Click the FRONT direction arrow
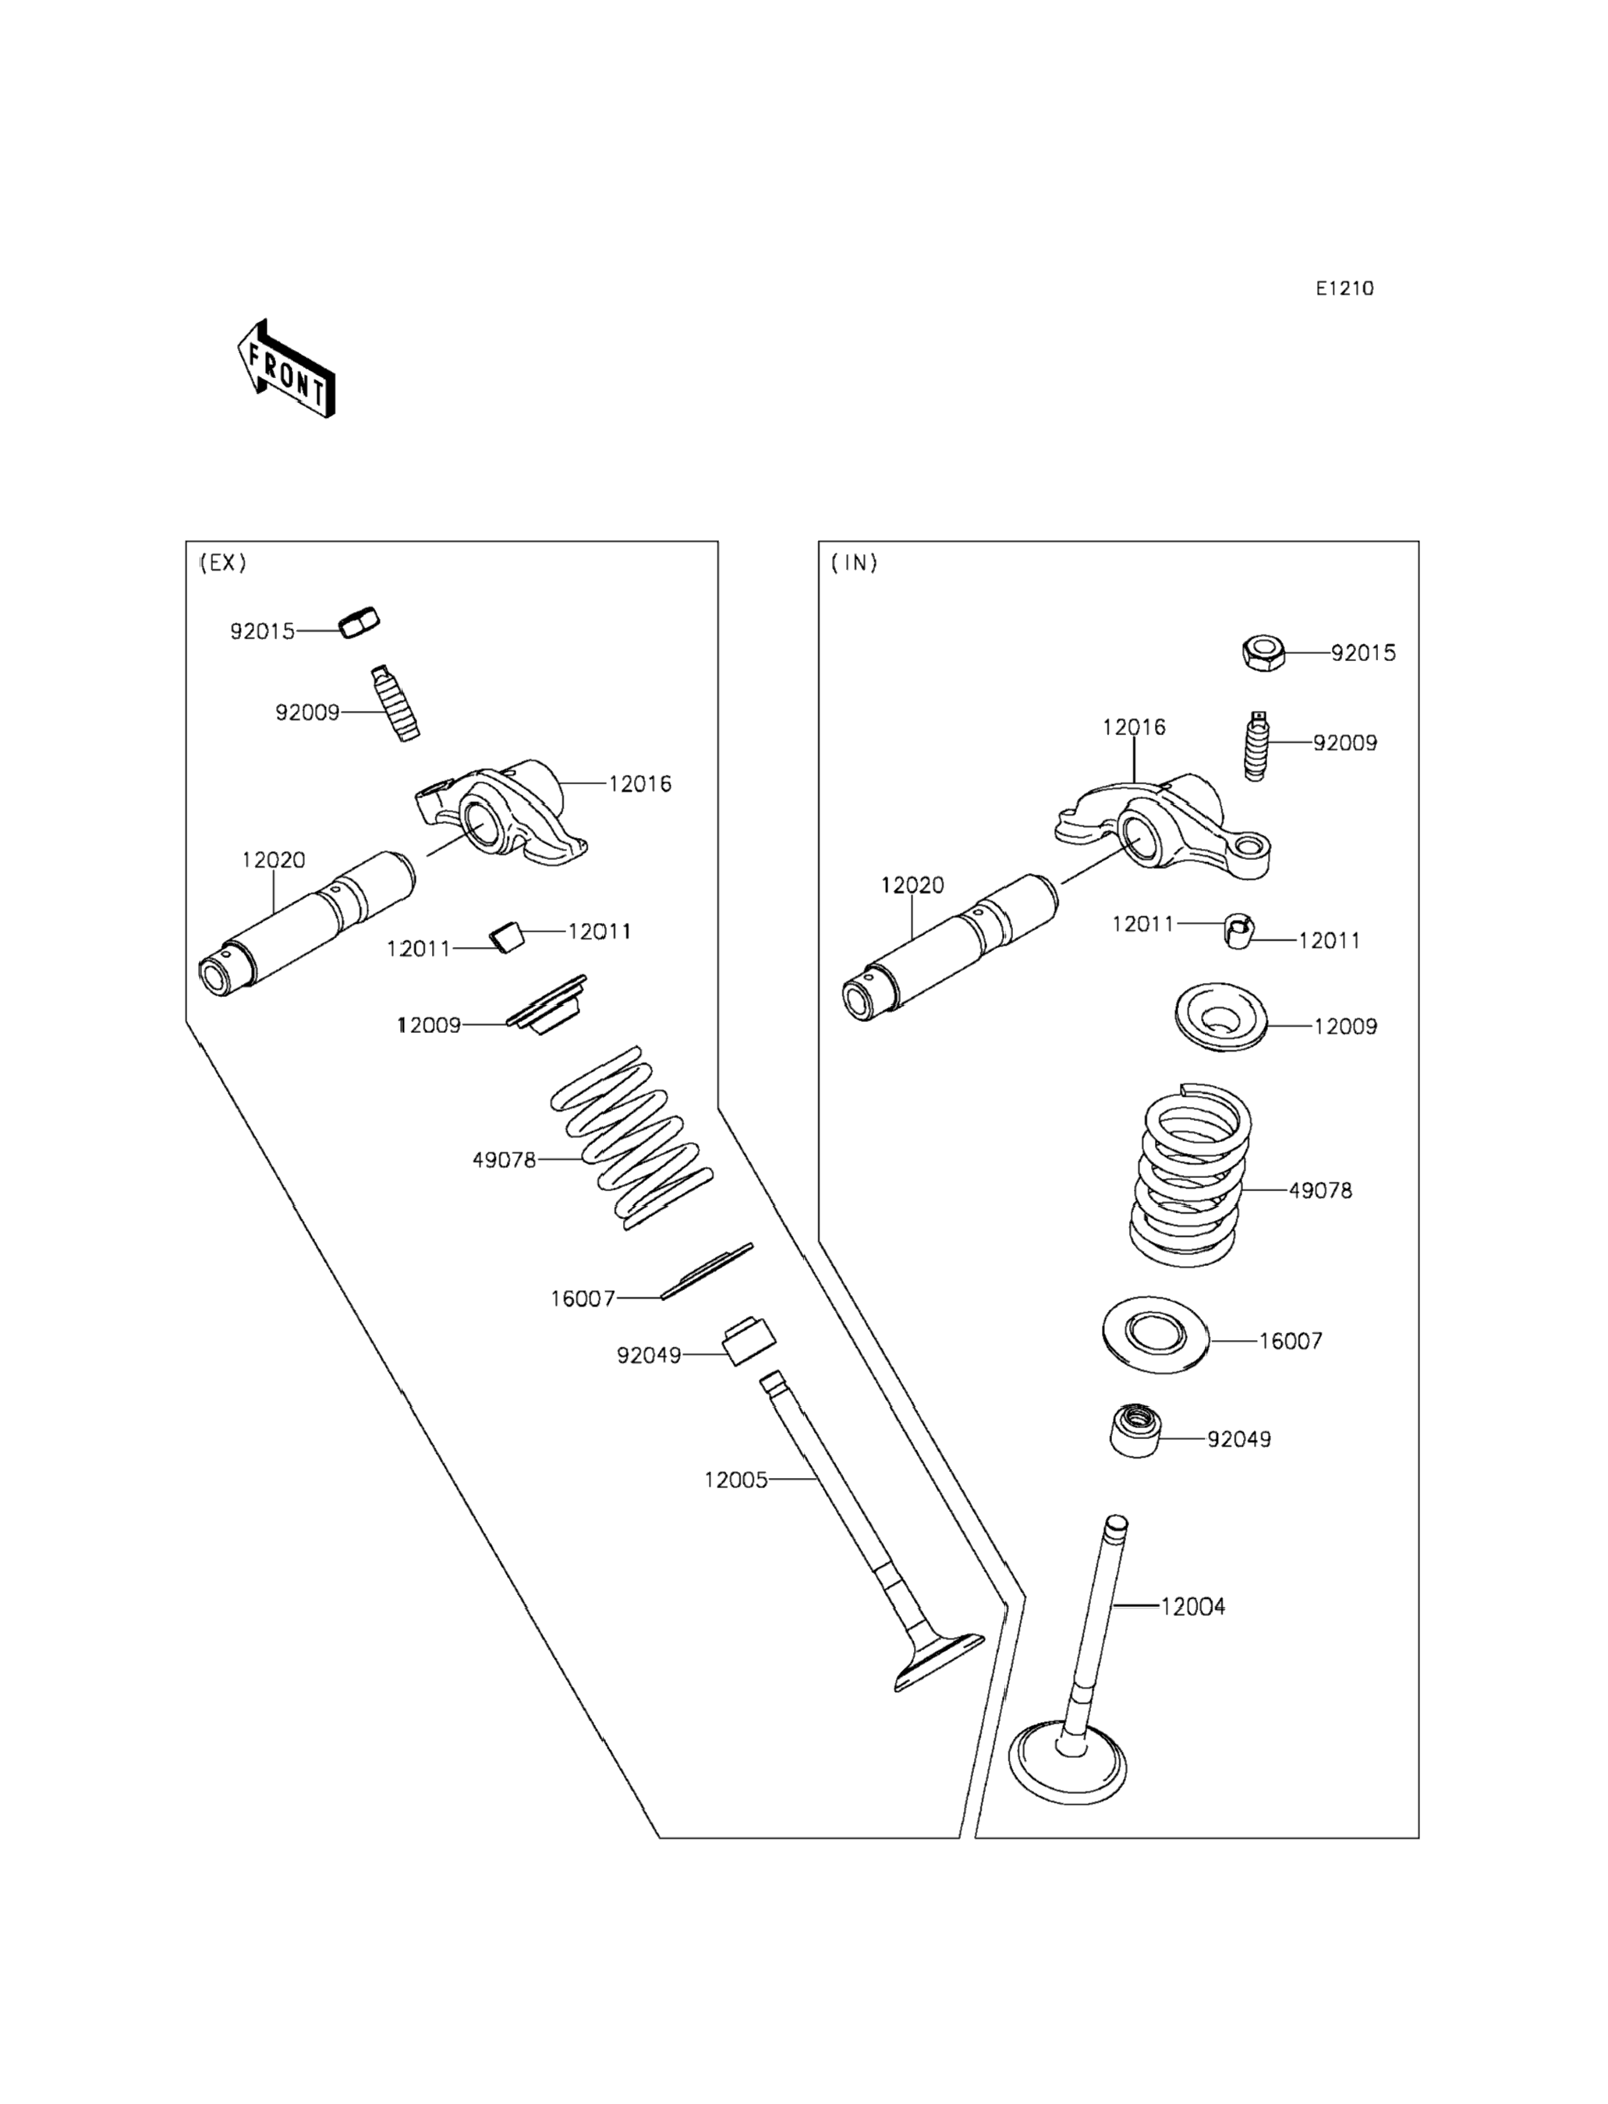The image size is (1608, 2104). (x=286, y=370)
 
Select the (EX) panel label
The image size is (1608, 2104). (x=222, y=563)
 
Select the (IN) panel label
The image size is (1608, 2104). (x=854, y=563)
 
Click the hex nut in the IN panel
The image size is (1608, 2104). (x=1263, y=653)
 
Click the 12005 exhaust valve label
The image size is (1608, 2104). (x=735, y=1480)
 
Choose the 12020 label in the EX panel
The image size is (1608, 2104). (x=273, y=860)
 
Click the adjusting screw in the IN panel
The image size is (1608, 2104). (x=1258, y=745)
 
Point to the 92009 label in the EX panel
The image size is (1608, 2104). (x=307, y=713)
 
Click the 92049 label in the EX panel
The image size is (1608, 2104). (x=648, y=1356)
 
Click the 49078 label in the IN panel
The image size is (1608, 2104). (x=1320, y=1191)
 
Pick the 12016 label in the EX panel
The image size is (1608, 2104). (x=639, y=784)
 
